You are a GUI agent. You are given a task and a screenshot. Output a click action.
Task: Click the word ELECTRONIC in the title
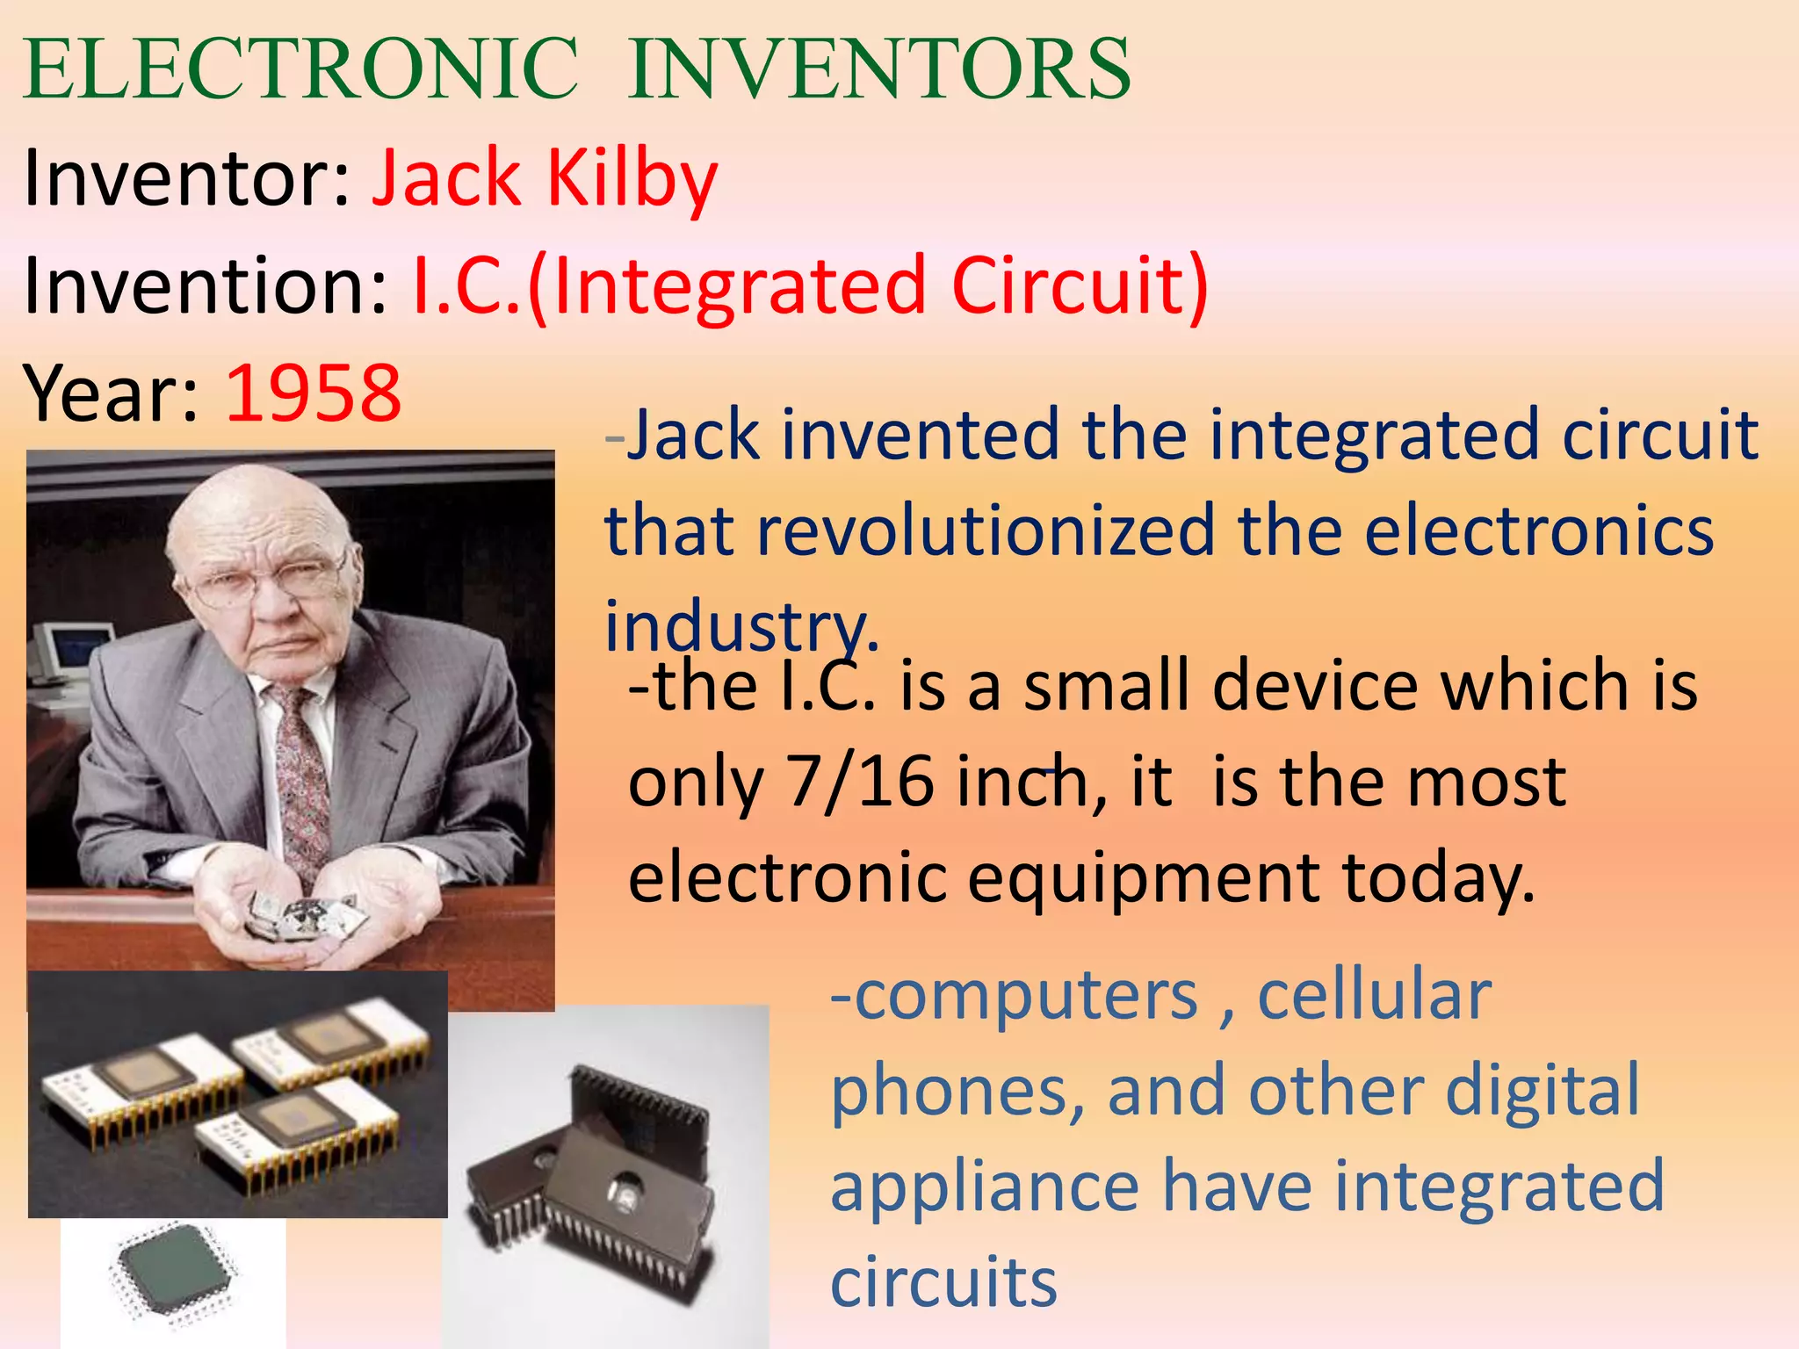[300, 70]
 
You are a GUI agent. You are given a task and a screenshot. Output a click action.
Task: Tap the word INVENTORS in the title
[879, 70]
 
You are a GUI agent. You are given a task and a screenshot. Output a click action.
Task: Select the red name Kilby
[632, 179]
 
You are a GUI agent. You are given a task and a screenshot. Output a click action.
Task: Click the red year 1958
[314, 393]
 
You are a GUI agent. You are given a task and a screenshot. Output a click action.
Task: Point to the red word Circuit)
[1080, 286]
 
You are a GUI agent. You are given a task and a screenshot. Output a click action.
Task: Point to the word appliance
[985, 1186]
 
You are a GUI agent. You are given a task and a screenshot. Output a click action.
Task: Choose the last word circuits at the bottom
[943, 1282]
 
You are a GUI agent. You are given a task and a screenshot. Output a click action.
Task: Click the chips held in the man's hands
[303, 913]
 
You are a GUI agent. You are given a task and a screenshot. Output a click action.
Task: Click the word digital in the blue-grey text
[1543, 1090]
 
